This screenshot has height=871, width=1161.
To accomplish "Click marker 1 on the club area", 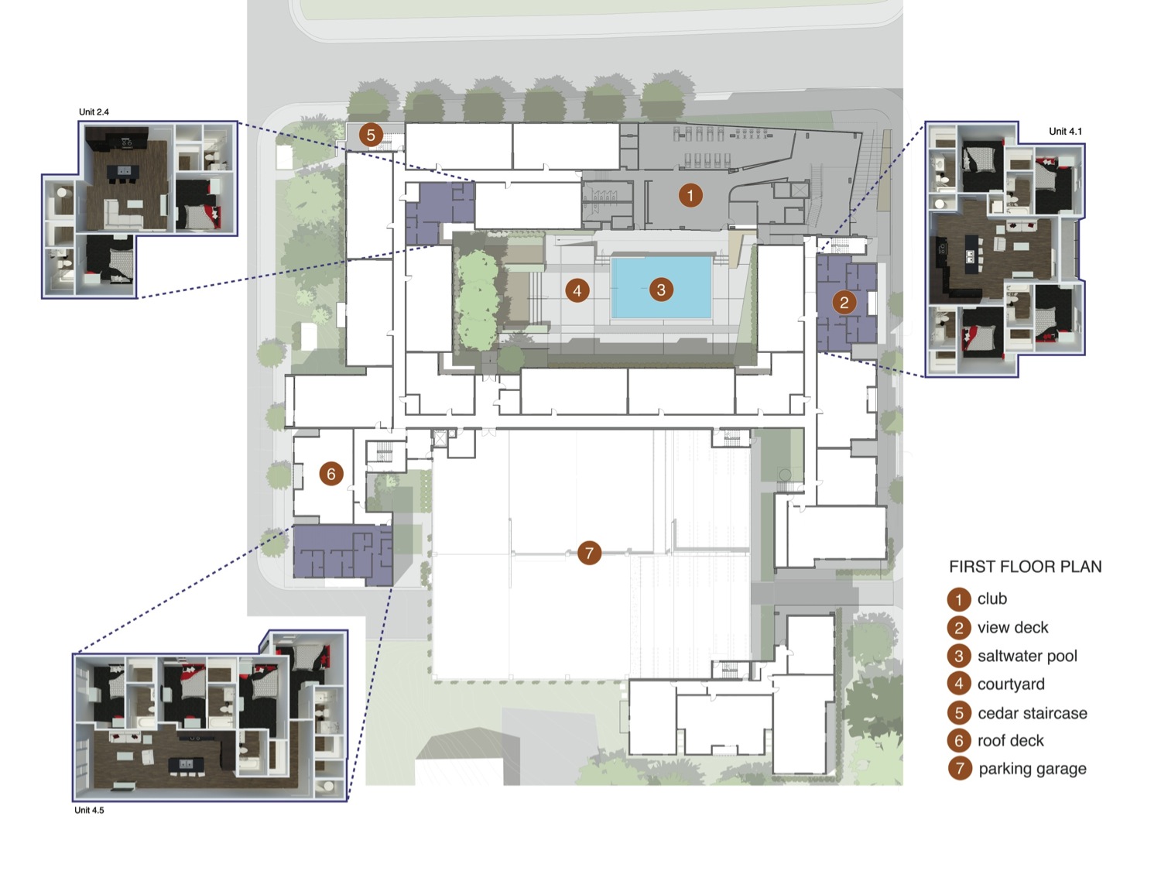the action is tap(690, 196).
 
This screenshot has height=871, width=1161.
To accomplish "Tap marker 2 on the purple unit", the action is tap(844, 303).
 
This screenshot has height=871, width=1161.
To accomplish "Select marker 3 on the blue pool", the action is tap(661, 290).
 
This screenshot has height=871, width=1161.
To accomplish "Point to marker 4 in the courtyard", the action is tap(577, 290).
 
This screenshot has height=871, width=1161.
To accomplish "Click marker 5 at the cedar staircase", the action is tap(371, 135).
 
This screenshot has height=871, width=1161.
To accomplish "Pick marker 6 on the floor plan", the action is tap(331, 473).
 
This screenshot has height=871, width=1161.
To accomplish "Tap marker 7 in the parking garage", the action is tap(589, 553).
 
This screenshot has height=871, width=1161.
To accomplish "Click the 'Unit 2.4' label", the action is tap(94, 112).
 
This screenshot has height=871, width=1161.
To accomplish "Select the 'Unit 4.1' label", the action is tap(1065, 132).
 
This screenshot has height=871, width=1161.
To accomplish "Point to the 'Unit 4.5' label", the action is tap(89, 810).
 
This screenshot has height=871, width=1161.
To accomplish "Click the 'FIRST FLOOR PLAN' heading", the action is tap(1025, 567).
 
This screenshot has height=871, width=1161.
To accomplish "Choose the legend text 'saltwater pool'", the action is tap(1027, 656).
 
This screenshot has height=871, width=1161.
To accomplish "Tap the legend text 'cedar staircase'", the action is tap(1033, 713).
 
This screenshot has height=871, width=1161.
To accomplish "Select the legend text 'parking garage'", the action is tap(1033, 768).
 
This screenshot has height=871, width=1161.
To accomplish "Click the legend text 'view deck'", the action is tap(1013, 627).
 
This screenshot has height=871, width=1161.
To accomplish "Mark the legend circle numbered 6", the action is tap(959, 741).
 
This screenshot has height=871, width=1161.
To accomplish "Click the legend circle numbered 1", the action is tap(959, 599).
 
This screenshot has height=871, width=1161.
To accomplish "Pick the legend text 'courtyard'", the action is tap(1011, 684).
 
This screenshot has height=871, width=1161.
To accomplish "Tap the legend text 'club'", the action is tap(992, 598).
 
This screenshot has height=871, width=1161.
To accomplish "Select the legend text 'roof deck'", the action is tap(1011, 740).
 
